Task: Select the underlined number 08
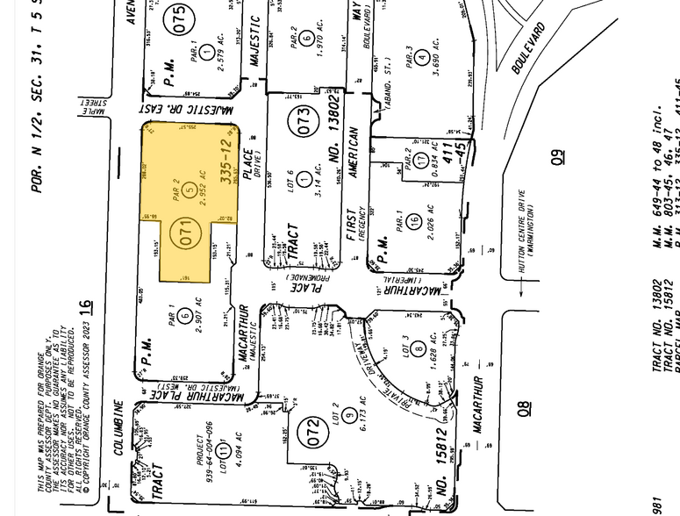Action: [526, 411]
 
